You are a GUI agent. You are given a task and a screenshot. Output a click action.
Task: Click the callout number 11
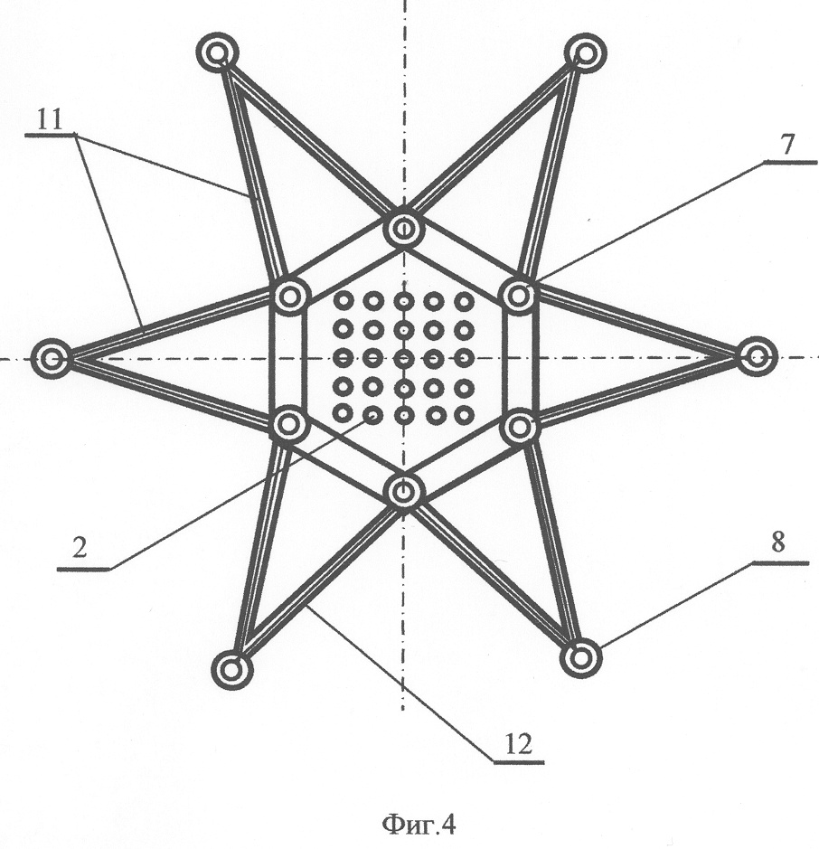(50, 119)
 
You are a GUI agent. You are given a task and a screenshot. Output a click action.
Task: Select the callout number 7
(787, 145)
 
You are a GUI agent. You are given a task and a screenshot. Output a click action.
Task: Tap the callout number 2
(79, 549)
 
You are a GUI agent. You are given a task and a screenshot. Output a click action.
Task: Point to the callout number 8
(777, 542)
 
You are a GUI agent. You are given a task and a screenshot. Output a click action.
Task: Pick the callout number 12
(519, 744)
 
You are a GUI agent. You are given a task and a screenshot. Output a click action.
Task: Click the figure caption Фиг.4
(419, 825)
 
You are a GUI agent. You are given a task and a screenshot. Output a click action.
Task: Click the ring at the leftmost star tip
(52, 358)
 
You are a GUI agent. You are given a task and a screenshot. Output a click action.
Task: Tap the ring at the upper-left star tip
(217, 53)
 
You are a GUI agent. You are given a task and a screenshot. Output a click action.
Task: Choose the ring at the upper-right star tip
(585, 53)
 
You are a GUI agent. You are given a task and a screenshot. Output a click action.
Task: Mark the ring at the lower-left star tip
(232, 669)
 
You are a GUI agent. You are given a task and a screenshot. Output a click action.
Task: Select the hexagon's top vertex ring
(403, 229)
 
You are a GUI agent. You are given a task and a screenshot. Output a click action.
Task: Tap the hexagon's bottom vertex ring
(403, 492)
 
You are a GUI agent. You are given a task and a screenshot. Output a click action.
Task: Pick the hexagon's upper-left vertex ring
(289, 297)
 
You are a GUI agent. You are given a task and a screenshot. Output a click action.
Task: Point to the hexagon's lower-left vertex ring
(289, 425)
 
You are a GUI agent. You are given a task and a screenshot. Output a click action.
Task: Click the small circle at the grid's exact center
(403, 357)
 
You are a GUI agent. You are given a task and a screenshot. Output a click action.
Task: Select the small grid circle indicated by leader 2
(373, 415)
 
